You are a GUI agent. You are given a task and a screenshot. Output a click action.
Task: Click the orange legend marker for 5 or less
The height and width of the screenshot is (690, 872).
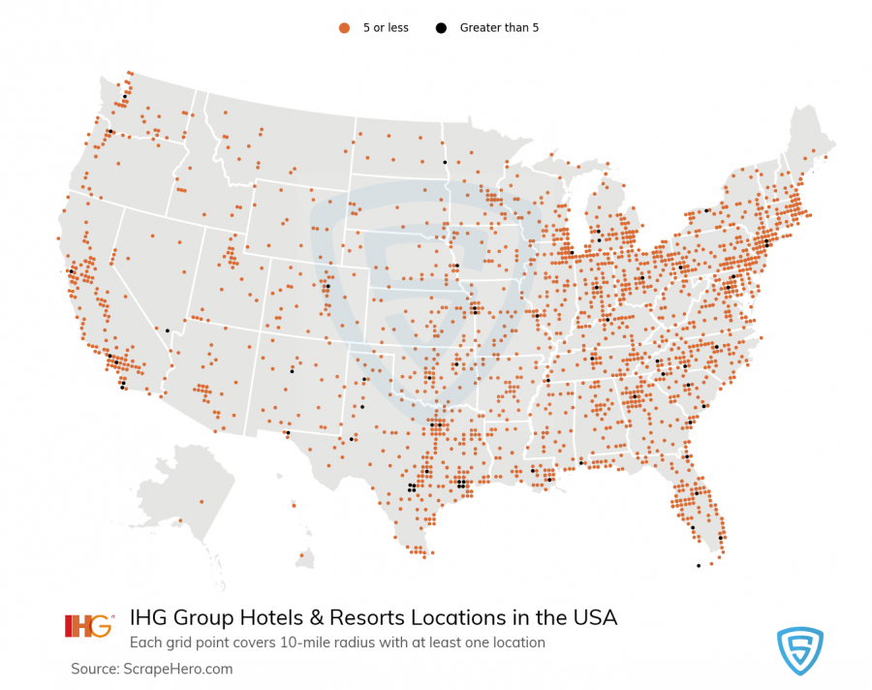click(343, 28)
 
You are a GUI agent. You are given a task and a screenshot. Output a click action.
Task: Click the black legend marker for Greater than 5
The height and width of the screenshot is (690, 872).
click(440, 28)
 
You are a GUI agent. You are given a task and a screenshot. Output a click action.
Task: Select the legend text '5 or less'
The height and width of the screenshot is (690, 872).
click(386, 28)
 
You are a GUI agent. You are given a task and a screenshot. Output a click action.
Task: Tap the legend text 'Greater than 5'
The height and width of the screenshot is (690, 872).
click(499, 28)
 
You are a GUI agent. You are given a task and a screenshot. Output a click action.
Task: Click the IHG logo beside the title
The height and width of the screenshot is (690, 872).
click(88, 626)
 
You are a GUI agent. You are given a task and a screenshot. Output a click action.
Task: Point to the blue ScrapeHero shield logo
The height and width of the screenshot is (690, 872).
click(800, 649)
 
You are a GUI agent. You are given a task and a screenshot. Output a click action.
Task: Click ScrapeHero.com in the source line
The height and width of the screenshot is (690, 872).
click(177, 669)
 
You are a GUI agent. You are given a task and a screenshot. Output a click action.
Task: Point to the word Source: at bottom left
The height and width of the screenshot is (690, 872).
click(95, 669)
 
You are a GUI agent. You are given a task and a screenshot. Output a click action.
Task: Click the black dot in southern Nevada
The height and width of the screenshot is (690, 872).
click(168, 331)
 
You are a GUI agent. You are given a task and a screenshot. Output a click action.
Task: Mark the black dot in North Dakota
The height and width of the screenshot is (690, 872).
click(445, 162)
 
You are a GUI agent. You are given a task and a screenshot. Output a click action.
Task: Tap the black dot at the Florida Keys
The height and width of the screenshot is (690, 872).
click(698, 566)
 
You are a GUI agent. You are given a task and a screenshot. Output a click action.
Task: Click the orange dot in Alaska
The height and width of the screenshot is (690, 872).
click(202, 501)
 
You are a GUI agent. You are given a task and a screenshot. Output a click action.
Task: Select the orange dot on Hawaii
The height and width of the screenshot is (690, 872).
click(303, 554)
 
